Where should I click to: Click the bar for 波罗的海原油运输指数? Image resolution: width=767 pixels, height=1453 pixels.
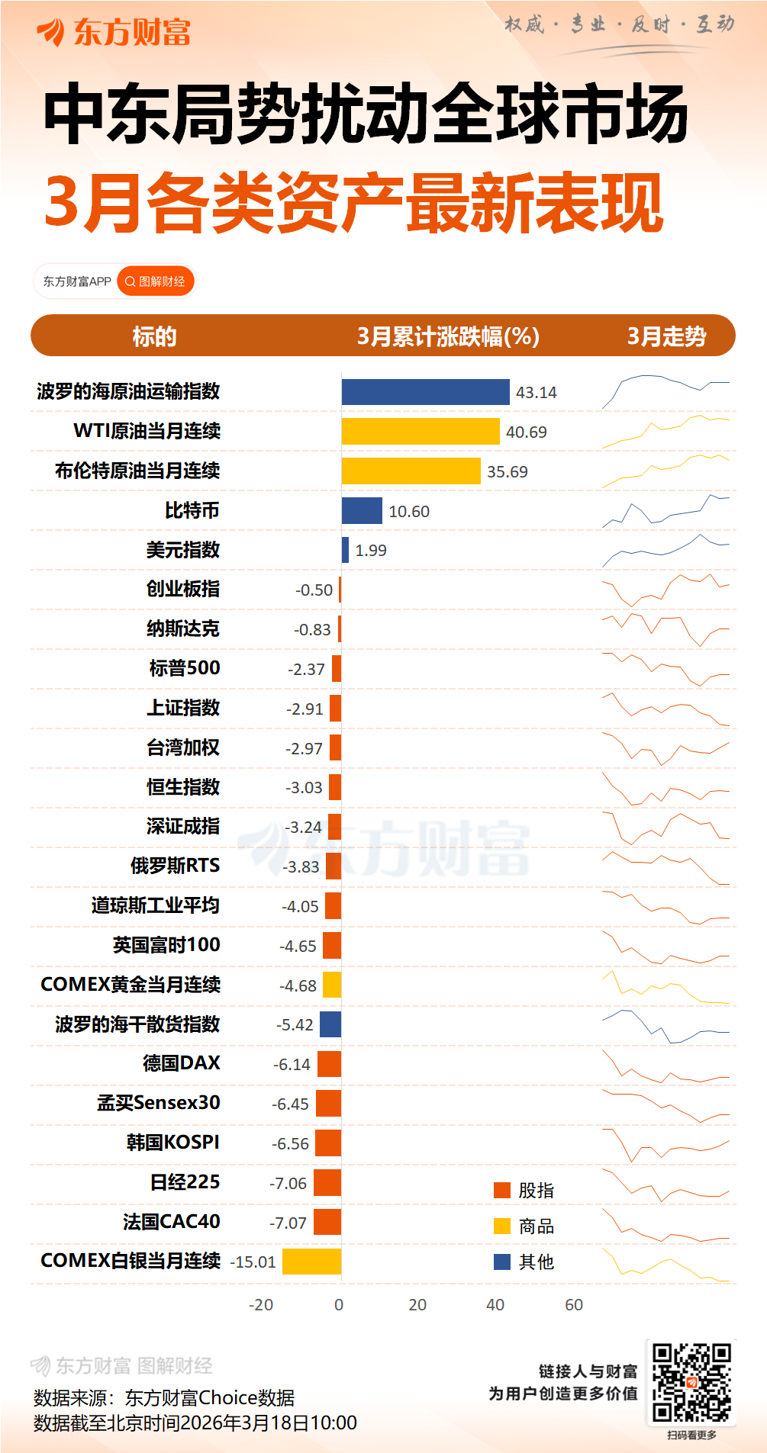(425, 392)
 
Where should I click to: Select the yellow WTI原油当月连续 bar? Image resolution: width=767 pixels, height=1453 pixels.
(421, 432)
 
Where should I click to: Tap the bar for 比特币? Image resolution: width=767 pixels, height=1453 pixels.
(362, 511)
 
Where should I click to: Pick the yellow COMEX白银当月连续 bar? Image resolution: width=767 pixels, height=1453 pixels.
(311, 1262)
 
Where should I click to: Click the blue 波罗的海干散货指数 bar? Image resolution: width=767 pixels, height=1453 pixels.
(330, 1024)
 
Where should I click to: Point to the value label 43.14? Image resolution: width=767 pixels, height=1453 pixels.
(536, 393)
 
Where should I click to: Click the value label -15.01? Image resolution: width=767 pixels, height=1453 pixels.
(253, 1262)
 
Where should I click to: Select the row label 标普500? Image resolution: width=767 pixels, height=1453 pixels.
(185, 668)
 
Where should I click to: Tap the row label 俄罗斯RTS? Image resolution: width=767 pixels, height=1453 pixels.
(175, 866)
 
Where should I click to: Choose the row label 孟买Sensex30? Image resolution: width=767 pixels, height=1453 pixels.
(159, 1103)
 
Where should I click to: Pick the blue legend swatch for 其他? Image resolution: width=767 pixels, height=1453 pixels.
(502, 1262)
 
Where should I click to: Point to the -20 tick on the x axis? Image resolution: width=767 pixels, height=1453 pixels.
(261, 1305)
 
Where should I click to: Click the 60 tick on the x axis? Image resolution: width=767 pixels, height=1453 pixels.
(574, 1305)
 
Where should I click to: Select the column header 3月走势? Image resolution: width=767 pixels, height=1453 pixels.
(666, 336)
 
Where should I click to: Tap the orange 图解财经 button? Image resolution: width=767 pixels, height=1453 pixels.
(156, 281)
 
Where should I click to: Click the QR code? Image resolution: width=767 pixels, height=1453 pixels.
(691, 1382)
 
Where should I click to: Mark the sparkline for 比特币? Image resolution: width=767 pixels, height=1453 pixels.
(665, 512)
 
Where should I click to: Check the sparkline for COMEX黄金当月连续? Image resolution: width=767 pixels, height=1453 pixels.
(665, 987)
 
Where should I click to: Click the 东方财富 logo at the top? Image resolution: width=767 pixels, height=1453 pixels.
(114, 32)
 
